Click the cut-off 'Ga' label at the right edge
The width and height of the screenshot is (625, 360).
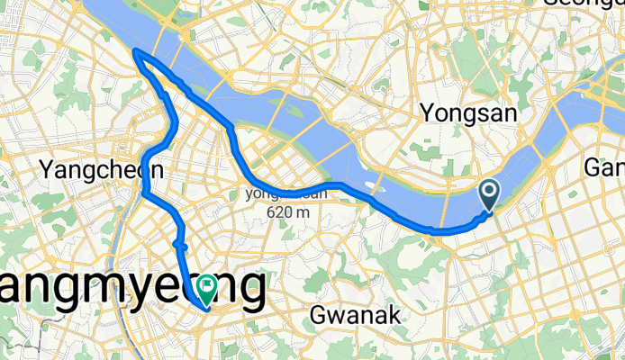(605, 168)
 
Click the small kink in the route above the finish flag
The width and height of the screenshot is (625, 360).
(180, 244)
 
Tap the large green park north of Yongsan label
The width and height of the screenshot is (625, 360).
(467, 63)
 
